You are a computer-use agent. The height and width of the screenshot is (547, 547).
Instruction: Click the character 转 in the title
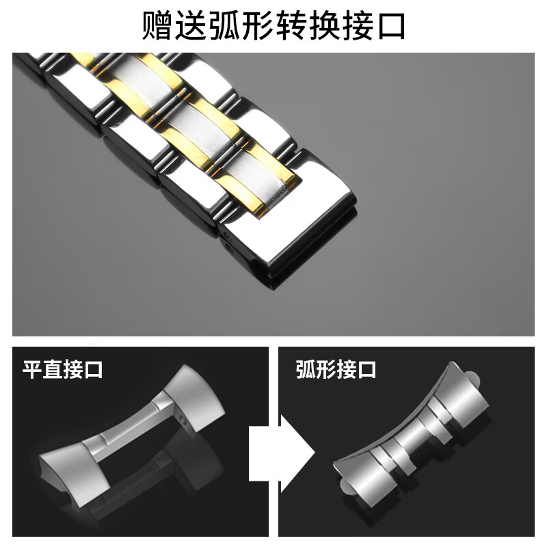pos(312,25)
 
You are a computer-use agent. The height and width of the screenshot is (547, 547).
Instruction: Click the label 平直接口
pos(63,370)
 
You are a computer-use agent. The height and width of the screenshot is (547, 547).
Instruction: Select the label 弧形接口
pos(336,370)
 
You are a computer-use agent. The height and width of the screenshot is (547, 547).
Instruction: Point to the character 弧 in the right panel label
pos(306,370)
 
